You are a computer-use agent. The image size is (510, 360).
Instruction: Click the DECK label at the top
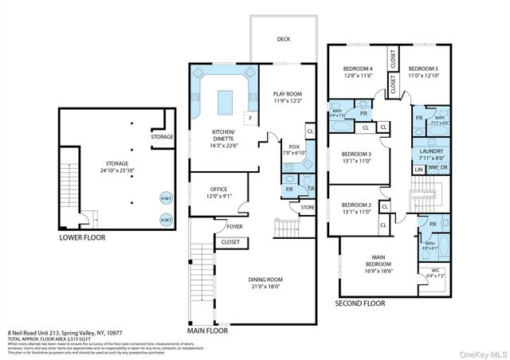click(283, 39)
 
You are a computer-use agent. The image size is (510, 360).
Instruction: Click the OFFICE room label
click(218, 190)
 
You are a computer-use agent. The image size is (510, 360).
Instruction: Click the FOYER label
click(233, 226)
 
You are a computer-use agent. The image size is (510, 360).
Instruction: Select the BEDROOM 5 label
click(423, 68)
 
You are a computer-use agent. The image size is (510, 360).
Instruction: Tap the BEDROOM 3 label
click(356, 154)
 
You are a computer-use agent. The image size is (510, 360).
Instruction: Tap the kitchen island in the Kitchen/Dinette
click(226, 100)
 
